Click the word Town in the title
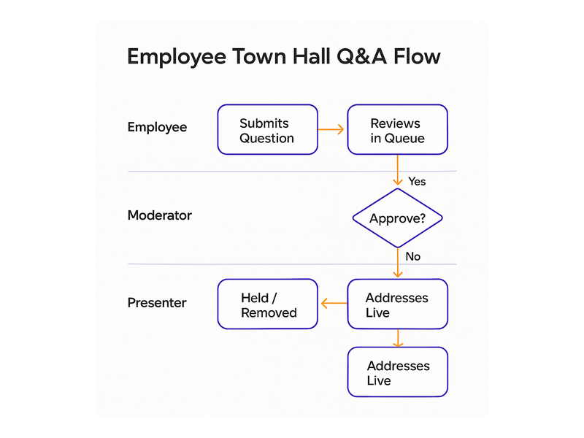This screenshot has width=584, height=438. click(259, 57)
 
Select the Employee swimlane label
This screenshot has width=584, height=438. click(157, 127)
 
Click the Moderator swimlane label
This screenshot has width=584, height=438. click(160, 215)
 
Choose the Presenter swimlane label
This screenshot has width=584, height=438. click(157, 303)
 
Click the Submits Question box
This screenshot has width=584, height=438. click(267, 130)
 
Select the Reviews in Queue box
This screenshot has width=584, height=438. click(397, 130)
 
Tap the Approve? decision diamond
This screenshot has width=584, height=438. click(397, 218)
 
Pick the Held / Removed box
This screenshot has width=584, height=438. click(267, 304)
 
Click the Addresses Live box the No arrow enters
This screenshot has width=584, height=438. click(397, 304)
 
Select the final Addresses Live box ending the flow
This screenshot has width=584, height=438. click(397, 372)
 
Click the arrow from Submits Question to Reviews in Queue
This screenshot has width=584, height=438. click(331, 130)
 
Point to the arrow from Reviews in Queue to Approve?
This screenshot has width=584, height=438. click(397, 170)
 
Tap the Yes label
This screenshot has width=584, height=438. click(417, 181)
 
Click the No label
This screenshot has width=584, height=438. click(412, 256)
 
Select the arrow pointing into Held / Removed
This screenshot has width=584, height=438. click(334, 303)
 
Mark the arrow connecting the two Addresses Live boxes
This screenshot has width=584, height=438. click(398, 338)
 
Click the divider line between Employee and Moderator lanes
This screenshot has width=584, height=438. click(292, 172)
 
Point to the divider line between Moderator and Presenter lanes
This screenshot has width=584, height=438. click(292, 264)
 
